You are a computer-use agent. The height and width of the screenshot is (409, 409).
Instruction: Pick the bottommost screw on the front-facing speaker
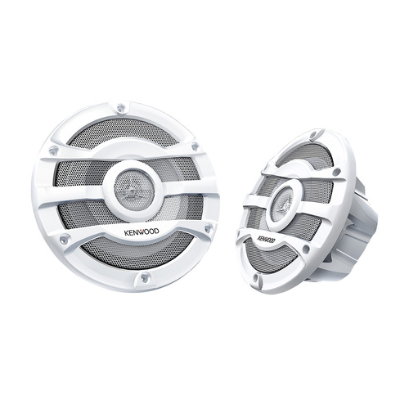[146, 278]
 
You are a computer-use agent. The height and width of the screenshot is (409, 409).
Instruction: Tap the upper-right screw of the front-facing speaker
[195, 147]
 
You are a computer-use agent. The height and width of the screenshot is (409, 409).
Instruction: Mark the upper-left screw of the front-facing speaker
[53, 151]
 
